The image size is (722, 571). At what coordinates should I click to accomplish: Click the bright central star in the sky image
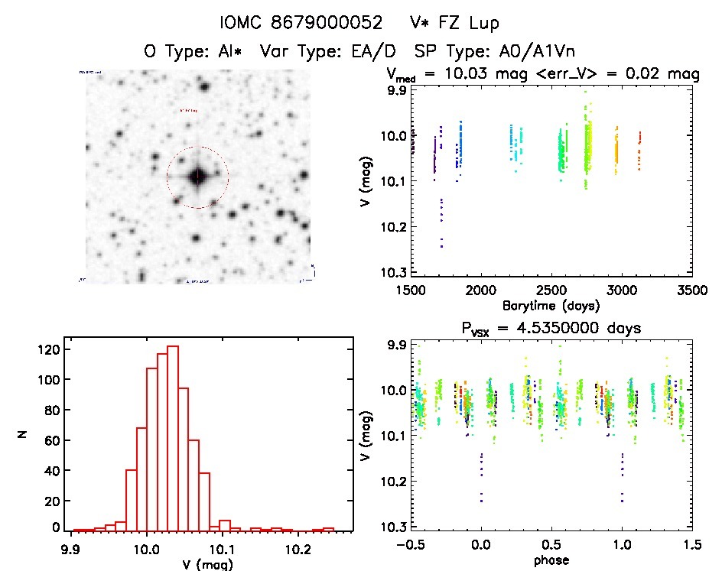click(x=197, y=177)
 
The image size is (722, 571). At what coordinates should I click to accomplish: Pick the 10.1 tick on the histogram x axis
click(x=221, y=550)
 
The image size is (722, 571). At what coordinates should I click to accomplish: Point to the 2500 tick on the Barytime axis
click(x=551, y=291)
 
